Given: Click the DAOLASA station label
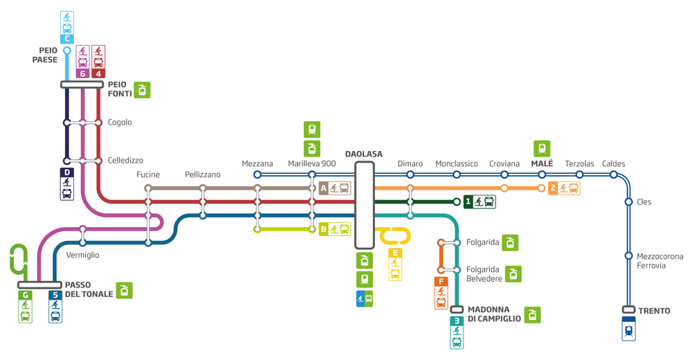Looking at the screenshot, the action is click(364, 154).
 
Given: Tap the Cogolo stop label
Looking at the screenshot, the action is click(120, 123).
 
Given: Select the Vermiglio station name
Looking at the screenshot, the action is click(82, 255).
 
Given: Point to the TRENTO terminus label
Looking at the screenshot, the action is click(654, 311).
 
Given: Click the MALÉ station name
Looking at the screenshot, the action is click(542, 163).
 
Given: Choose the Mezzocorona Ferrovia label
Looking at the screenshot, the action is click(659, 260).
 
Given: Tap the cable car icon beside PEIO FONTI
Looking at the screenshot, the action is click(142, 90).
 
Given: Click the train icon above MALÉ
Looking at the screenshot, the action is click(542, 148).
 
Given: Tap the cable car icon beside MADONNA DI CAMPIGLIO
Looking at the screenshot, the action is click(533, 315).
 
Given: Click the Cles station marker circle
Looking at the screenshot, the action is click(629, 202).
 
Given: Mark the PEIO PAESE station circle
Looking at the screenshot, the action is click(67, 51).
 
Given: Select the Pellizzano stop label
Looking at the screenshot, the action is click(203, 174).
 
